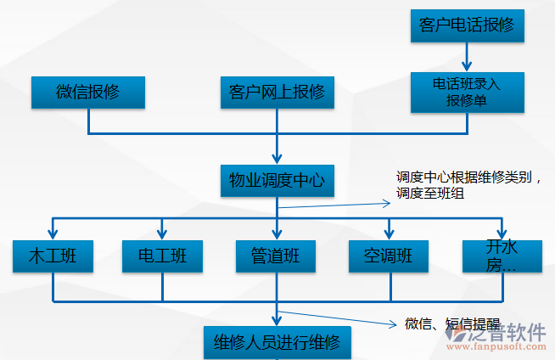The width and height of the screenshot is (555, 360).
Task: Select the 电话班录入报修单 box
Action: [467, 93]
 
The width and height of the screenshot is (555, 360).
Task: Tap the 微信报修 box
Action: [88, 93]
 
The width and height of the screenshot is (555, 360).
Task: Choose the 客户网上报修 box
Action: [277, 93]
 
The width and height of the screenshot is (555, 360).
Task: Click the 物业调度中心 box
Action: [277, 181]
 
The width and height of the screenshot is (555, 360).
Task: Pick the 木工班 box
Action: [53, 256]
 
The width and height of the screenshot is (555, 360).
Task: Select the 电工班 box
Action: [162, 256]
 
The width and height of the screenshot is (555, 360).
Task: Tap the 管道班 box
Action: [277, 256]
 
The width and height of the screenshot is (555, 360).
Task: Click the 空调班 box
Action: [389, 256]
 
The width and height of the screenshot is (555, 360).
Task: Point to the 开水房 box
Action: [502, 256]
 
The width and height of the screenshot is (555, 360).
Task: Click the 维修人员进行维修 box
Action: [277, 343]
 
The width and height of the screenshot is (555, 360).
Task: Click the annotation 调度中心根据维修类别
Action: [468, 178]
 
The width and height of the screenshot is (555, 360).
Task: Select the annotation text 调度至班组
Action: [429, 194]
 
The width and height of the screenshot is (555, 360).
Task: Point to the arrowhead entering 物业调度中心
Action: [277, 158]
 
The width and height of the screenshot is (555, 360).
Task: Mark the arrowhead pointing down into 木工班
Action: [53, 233]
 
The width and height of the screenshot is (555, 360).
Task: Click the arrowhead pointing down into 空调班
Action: [389, 233]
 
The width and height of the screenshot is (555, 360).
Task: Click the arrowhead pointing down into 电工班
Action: [162, 233]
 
